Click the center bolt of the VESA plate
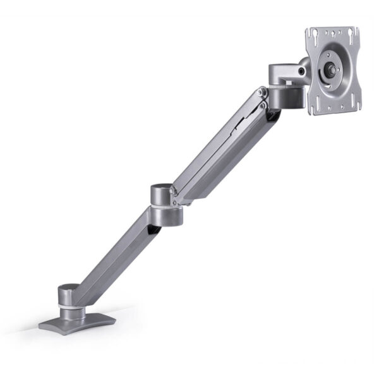[x=330, y=71]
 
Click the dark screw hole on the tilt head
[x=302, y=72]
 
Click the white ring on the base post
[x=71, y=308]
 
